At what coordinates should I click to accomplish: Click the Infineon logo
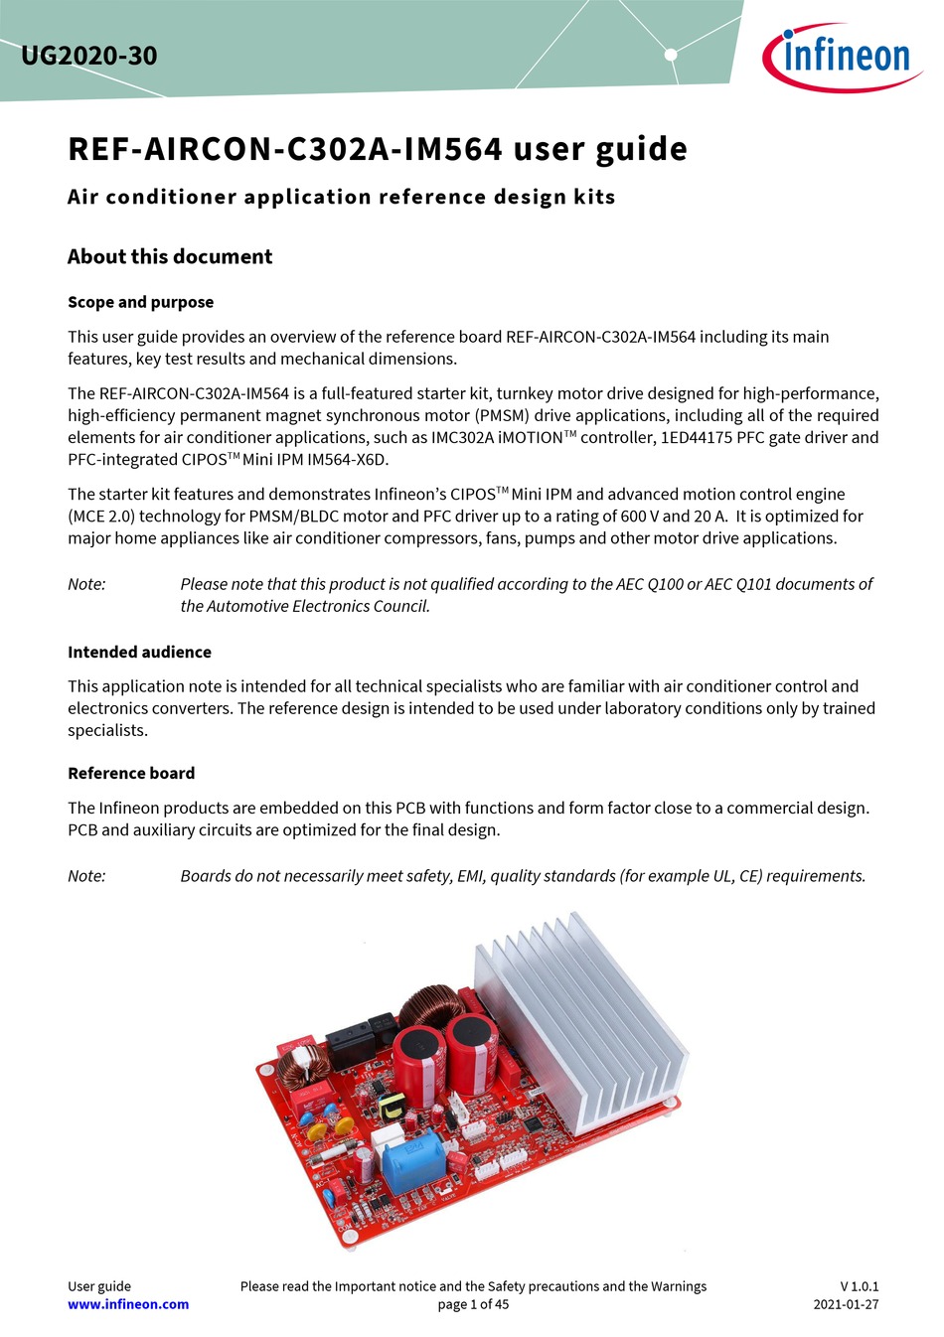click(842, 57)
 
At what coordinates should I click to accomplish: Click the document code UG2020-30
click(88, 56)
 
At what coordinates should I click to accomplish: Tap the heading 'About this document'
click(169, 256)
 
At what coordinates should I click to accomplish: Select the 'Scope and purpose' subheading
click(140, 302)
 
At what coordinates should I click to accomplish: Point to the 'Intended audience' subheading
click(139, 652)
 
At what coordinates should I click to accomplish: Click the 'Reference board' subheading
click(131, 773)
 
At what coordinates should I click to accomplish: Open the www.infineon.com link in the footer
click(128, 1304)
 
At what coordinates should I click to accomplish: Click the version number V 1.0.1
click(859, 1286)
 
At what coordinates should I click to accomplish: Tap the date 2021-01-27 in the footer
click(846, 1304)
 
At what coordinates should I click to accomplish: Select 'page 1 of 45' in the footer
click(473, 1304)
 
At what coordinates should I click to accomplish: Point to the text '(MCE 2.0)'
click(101, 517)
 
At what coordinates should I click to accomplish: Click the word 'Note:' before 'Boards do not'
click(86, 876)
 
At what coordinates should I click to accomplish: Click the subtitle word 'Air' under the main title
click(83, 197)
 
